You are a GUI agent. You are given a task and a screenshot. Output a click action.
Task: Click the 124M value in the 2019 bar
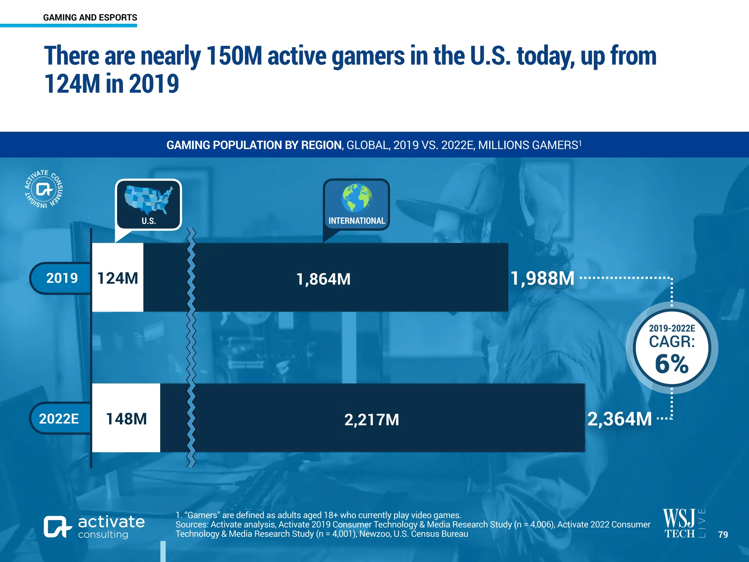(x=117, y=278)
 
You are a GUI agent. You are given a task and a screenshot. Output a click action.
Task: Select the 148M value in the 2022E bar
(x=126, y=419)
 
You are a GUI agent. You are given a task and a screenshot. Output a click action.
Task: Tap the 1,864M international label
(x=323, y=279)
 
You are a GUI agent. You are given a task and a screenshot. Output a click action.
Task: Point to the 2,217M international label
(x=371, y=420)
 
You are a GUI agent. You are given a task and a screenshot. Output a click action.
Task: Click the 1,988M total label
(x=542, y=278)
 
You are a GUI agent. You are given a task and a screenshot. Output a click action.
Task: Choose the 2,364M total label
(x=620, y=419)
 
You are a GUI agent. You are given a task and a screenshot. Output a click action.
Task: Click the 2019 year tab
(x=61, y=278)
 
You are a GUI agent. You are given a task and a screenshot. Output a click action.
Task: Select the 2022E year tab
(x=59, y=419)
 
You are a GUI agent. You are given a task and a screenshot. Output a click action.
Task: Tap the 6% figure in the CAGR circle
(x=671, y=364)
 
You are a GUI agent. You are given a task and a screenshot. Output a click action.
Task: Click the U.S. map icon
(x=148, y=200)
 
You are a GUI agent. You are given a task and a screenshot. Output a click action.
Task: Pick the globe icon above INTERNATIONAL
(x=356, y=198)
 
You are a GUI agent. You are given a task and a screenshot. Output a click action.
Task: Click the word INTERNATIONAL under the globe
(x=357, y=221)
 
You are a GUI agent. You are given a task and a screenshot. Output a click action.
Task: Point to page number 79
(x=723, y=535)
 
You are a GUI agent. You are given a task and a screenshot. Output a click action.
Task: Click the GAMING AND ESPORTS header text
(x=90, y=17)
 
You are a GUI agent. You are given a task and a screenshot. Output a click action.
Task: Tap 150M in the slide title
(x=234, y=56)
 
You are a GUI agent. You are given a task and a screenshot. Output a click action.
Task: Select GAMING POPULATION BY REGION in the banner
(x=254, y=145)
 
